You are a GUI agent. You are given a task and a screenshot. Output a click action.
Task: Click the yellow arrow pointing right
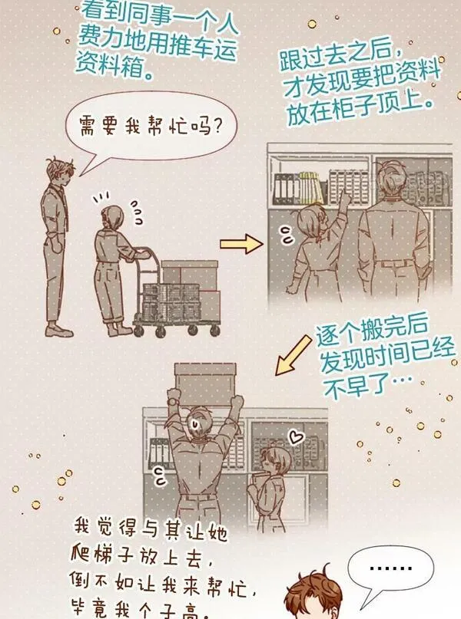click(x=241, y=244)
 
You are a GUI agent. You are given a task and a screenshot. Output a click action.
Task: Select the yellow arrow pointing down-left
click(x=293, y=355)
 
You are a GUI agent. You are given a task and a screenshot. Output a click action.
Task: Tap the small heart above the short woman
click(x=295, y=436)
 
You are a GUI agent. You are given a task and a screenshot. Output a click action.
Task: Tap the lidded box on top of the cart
click(x=190, y=274)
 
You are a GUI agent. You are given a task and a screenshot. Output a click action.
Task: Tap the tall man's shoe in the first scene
click(x=59, y=330)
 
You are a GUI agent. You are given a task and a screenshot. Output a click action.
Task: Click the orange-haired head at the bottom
click(x=313, y=595)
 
